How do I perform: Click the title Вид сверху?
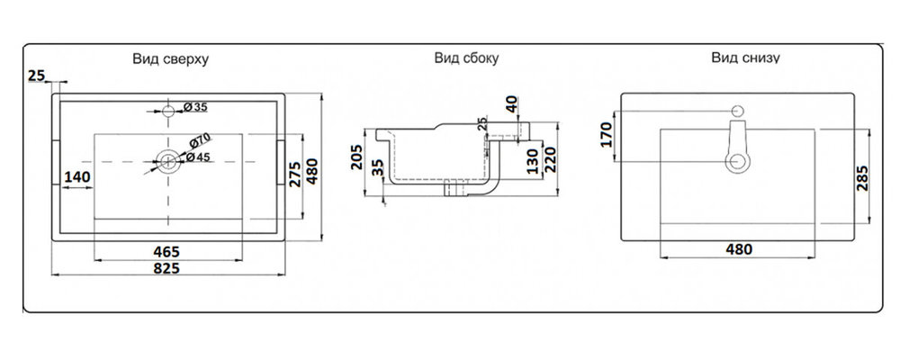(x=171, y=59)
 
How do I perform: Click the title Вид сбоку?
(x=466, y=59)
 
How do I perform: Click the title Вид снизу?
(x=745, y=58)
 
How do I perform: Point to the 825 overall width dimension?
(x=166, y=268)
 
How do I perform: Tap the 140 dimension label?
(x=78, y=177)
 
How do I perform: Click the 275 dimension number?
(x=294, y=173)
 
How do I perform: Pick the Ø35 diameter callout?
(x=195, y=107)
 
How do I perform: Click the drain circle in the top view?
(x=167, y=162)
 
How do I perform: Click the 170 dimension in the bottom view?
(x=606, y=136)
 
